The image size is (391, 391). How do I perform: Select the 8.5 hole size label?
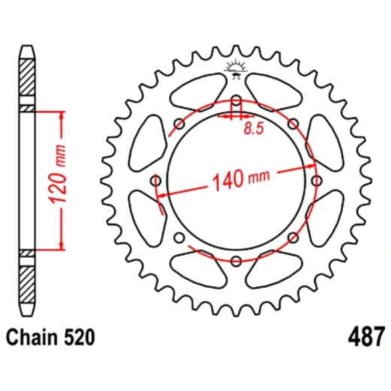tap(253, 129)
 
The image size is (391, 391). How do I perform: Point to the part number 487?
tap(366, 334)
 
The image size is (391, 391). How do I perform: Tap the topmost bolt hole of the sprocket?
tap(235, 100)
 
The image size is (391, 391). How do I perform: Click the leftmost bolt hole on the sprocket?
tap(156, 180)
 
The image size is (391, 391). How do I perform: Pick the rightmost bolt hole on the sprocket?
tap(315, 180)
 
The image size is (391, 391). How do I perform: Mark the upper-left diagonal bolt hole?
tap(179, 123)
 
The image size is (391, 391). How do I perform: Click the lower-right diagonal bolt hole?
tap(292, 237)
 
